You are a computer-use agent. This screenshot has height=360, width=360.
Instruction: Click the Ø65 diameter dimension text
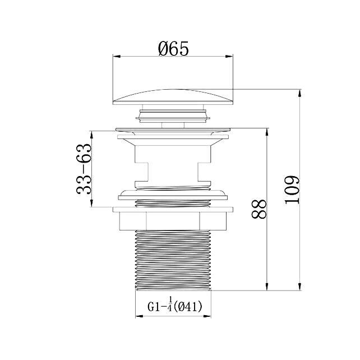pyautogui.click(x=173, y=48)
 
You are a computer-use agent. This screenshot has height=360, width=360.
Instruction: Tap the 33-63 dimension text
pyautogui.click(x=84, y=169)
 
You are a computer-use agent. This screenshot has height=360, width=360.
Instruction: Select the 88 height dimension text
pyautogui.click(x=259, y=209)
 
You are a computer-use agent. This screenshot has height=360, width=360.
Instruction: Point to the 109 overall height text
pyautogui.click(x=292, y=190)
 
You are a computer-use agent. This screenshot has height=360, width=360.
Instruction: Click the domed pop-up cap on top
pyautogui.click(x=173, y=97)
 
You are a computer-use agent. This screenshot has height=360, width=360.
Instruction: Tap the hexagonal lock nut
pyautogui.click(x=173, y=221)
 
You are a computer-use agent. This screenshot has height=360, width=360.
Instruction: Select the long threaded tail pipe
pyautogui.click(x=173, y=260)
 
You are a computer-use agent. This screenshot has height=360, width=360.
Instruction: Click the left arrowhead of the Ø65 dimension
pyautogui.click(x=117, y=57)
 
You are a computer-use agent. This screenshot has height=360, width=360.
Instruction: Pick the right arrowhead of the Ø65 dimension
pyautogui.click(x=229, y=57)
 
